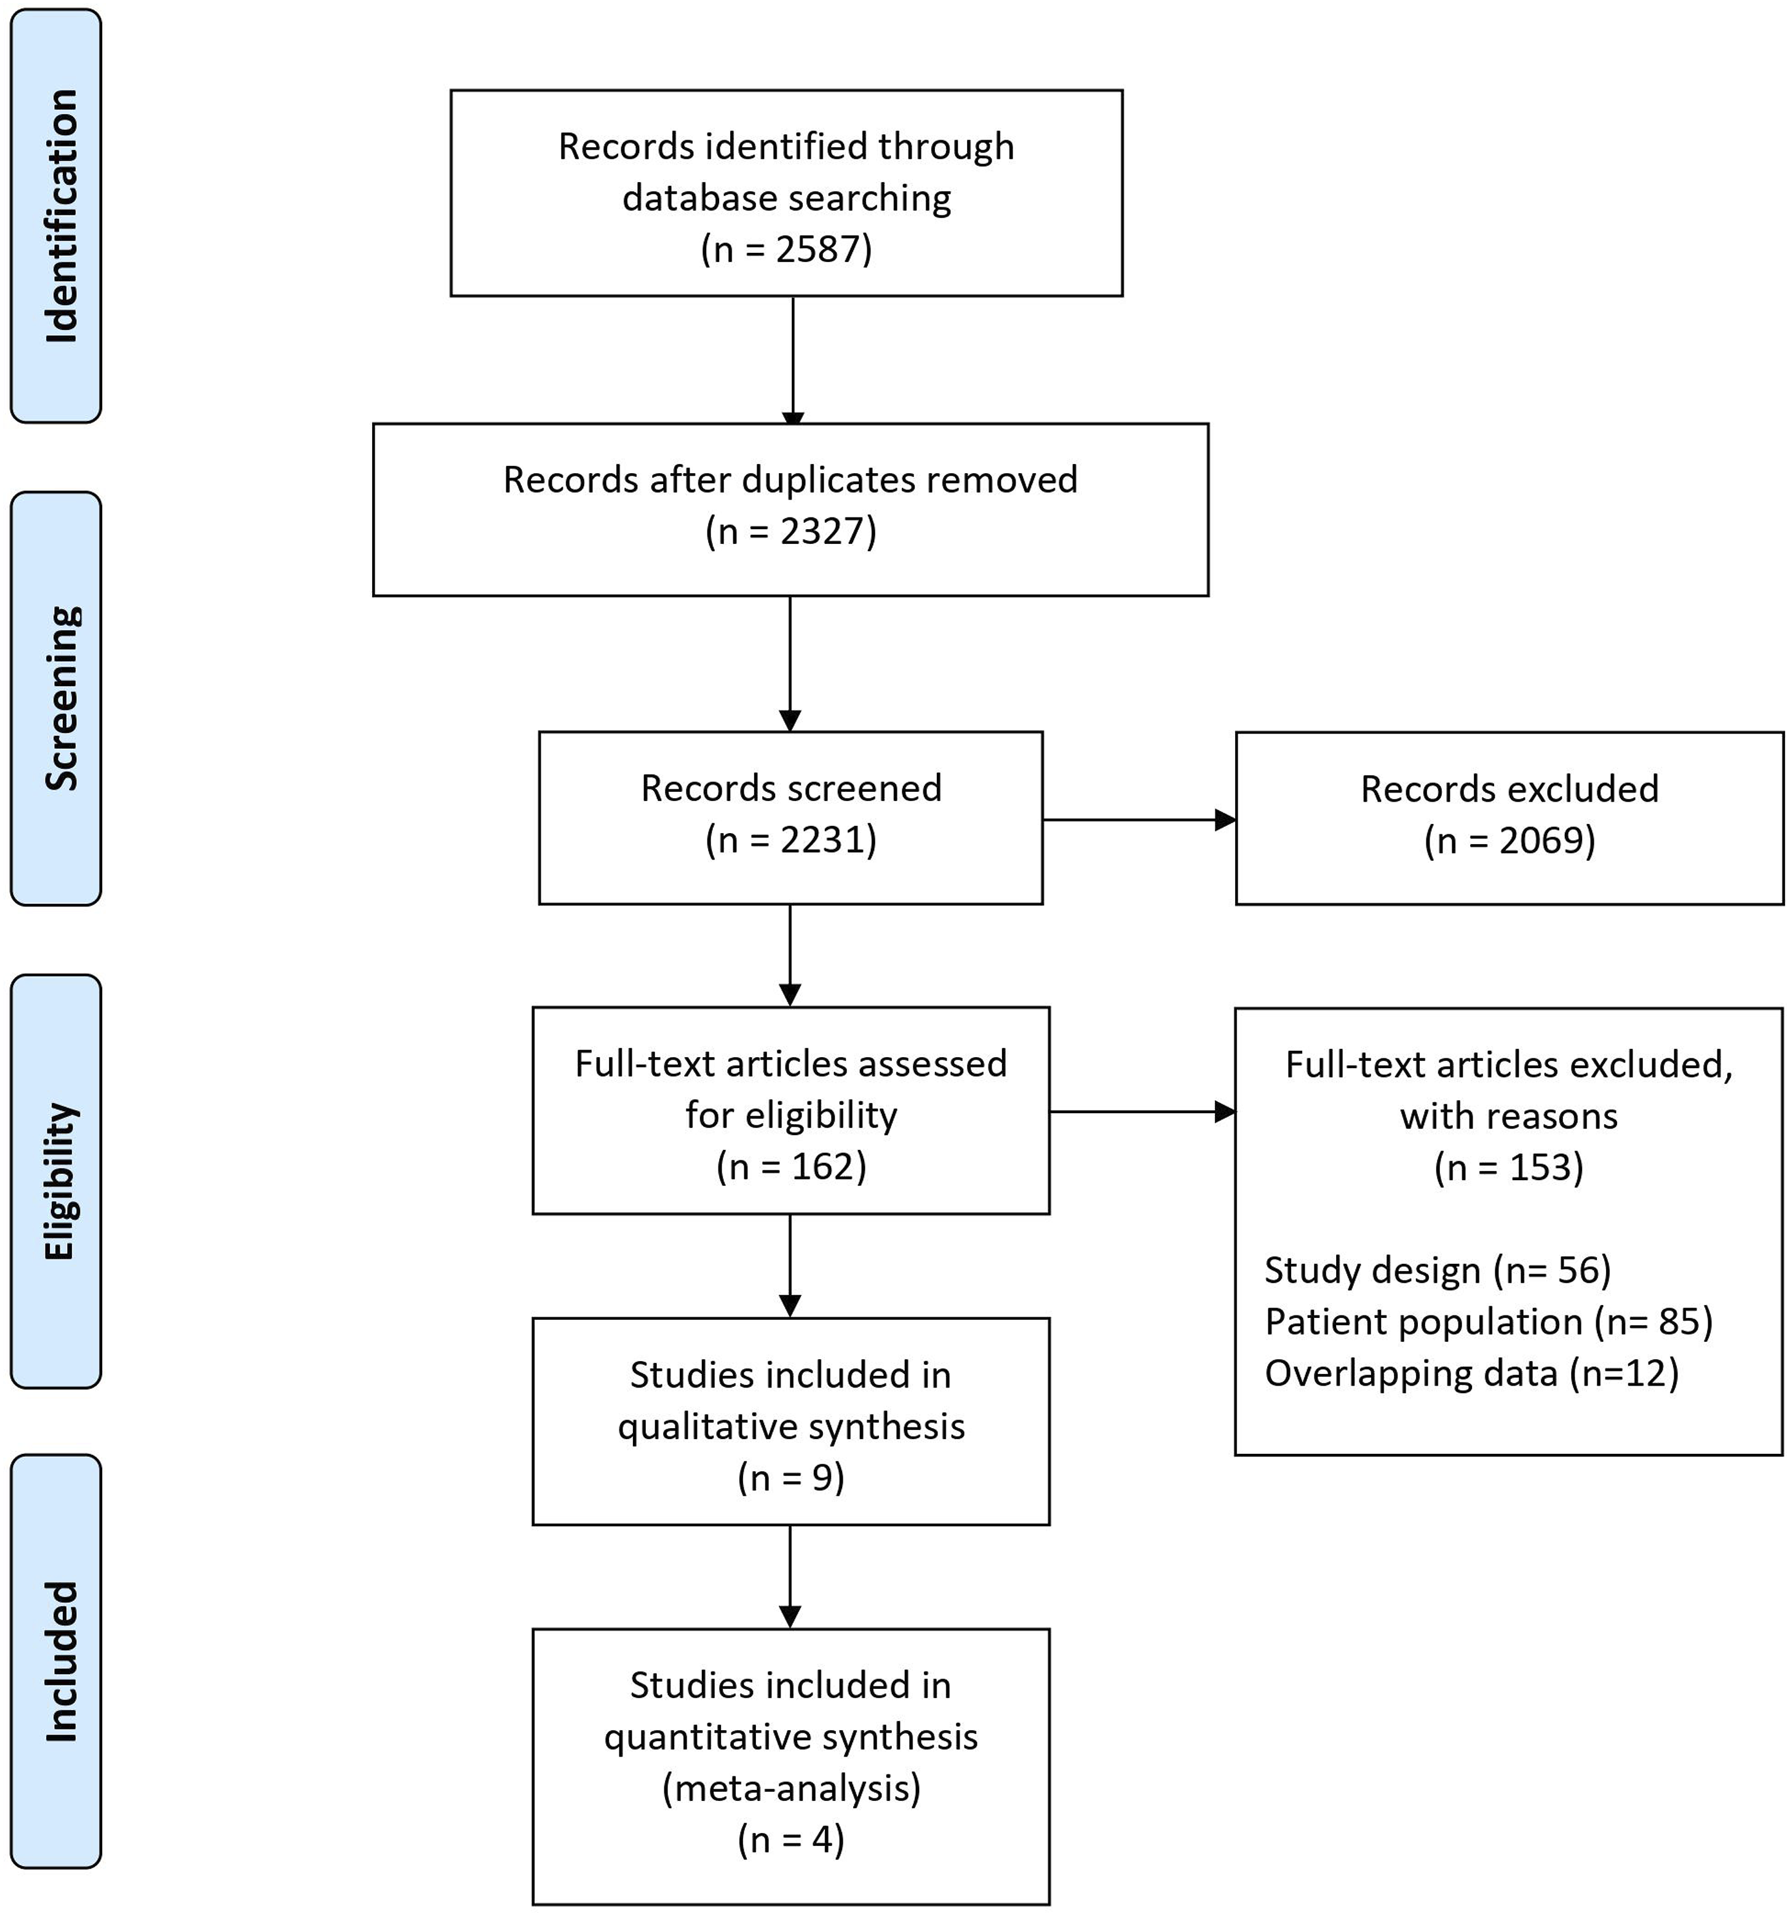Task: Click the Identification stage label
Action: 62,216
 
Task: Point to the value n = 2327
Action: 791,531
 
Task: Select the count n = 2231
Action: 791,839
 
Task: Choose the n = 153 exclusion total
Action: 1509,1167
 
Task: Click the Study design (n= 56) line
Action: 1438,1271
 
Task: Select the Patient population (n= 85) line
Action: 1489,1322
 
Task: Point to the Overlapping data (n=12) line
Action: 1471,1373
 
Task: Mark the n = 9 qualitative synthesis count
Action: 791,1477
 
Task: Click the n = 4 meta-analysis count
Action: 791,1840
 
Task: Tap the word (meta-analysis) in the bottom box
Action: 791,1788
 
